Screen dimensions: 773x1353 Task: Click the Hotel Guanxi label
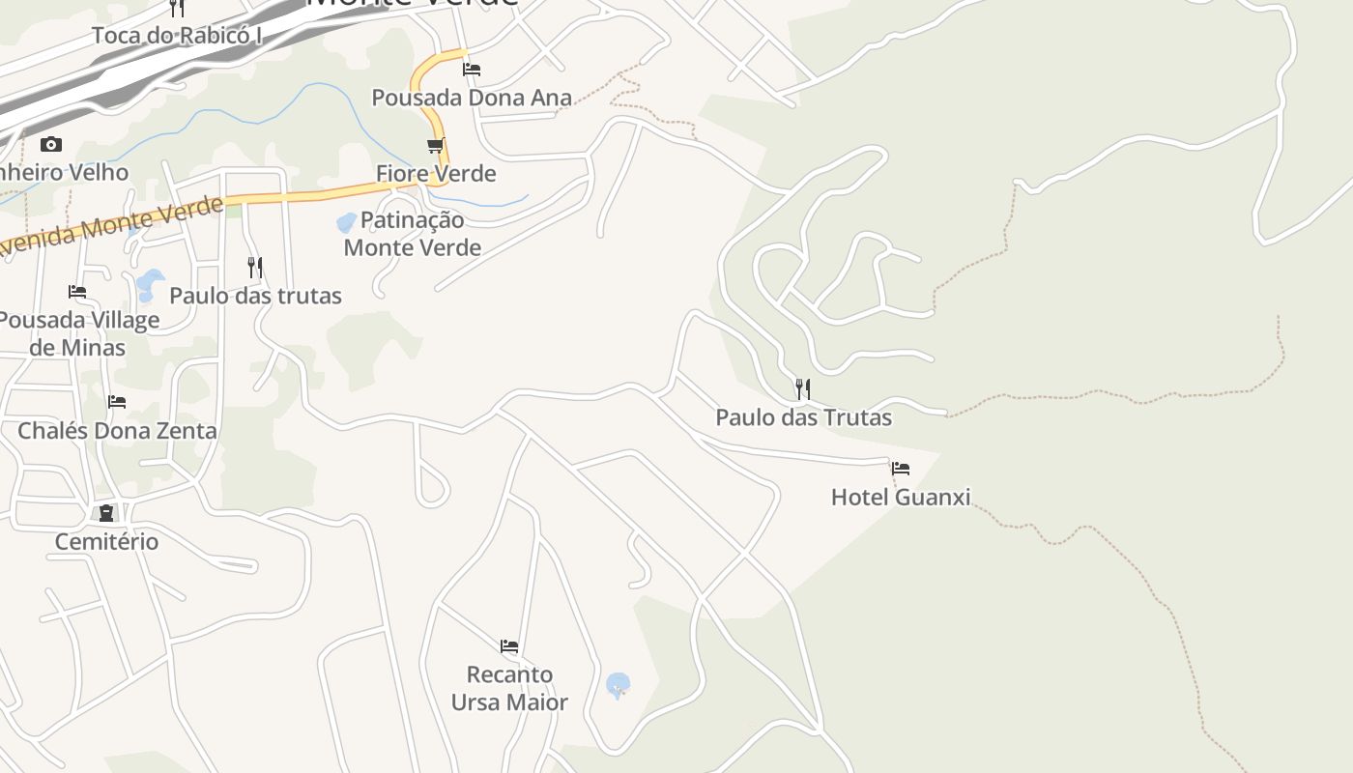click(x=901, y=498)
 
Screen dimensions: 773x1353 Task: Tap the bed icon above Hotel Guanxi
click(x=901, y=469)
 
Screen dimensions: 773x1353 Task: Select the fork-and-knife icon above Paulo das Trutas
click(x=803, y=389)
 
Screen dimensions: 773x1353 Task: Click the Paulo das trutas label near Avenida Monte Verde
click(x=255, y=296)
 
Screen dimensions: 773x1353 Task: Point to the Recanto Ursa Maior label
click(x=509, y=688)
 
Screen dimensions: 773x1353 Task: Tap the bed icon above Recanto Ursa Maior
click(x=509, y=645)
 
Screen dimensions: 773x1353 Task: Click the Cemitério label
click(x=106, y=541)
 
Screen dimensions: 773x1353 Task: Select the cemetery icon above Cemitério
click(x=106, y=513)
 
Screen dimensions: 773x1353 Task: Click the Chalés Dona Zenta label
click(x=117, y=430)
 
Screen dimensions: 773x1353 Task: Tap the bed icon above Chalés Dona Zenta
click(x=117, y=401)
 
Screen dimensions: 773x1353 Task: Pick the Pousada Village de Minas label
click(x=77, y=333)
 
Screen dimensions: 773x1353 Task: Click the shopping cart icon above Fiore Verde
click(x=436, y=146)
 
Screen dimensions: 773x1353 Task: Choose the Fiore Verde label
click(x=436, y=174)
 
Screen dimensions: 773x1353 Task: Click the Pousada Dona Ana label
click(x=472, y=98)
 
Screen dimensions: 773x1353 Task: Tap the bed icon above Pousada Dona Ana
click(x=472, y=69)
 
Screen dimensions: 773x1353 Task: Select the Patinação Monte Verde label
click(x=413, y=234)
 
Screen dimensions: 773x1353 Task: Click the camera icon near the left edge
click(x=51, y=145)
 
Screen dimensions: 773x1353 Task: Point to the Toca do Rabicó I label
click(x=177, y=36)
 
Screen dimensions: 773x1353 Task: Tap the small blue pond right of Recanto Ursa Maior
click(x=618, y=685)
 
